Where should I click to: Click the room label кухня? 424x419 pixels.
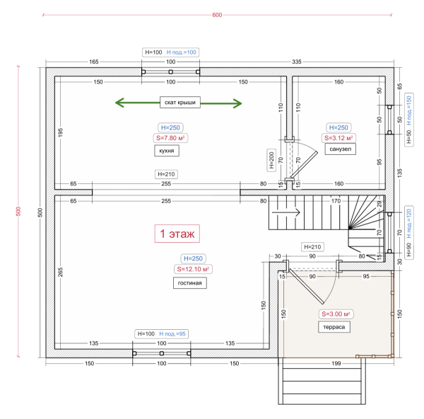coord(167,151)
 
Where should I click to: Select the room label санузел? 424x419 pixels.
coord(338,149)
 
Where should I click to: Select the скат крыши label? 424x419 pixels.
coord(179,103)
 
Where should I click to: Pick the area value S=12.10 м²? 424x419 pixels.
coord(194,270)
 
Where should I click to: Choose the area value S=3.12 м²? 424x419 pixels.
coord(338,138)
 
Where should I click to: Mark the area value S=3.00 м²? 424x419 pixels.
coord(336,314)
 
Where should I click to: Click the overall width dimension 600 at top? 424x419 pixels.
coord(217,16)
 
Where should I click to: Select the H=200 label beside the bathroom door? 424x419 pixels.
coord(271,161)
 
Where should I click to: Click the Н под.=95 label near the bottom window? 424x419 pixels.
coord(172,333)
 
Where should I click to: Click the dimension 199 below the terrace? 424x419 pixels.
coord(335,363)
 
